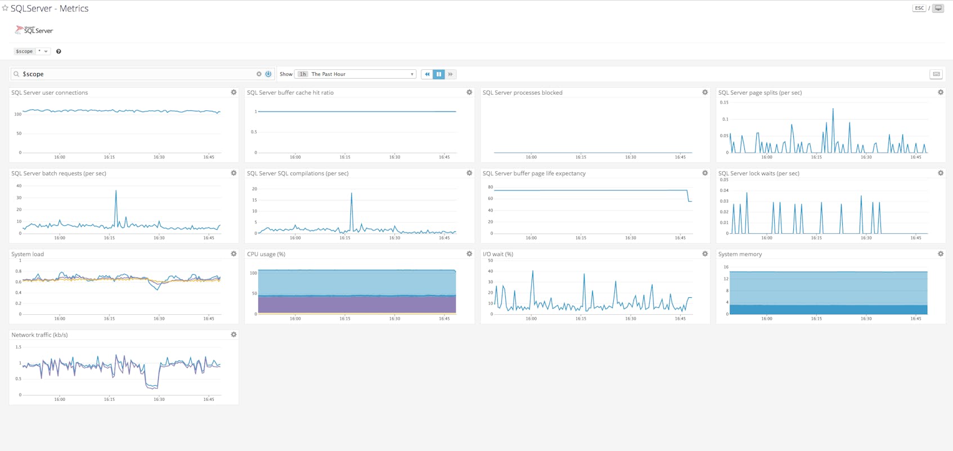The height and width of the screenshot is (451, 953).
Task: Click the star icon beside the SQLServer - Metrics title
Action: [5, 8]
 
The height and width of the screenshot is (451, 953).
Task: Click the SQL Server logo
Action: [34, 30]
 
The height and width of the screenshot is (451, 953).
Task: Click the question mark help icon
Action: [59, 51]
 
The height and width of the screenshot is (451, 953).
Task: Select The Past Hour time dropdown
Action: [356, 74]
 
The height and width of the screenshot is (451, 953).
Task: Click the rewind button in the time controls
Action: [427, 74]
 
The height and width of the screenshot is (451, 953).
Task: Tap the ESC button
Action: [919, 8]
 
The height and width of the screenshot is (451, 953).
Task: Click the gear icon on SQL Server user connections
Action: [234, 92]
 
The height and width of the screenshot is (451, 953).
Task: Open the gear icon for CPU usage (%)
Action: [469, 254]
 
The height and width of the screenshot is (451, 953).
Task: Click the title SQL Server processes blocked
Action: [522, 93]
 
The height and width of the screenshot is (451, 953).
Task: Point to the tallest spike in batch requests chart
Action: [116, 191]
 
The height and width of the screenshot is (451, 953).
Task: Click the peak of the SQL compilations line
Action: [352, 194]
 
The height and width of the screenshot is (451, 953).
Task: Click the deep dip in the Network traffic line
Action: [151, 386]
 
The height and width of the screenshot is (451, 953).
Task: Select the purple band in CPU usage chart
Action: [357, 304]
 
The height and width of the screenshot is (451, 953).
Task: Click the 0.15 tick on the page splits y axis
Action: [724, 102]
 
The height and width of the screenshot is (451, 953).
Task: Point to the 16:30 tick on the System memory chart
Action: [866, 319]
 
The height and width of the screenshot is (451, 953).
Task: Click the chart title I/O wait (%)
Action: [498, 254]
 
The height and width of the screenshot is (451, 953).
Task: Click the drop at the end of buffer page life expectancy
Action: [689, 197]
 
